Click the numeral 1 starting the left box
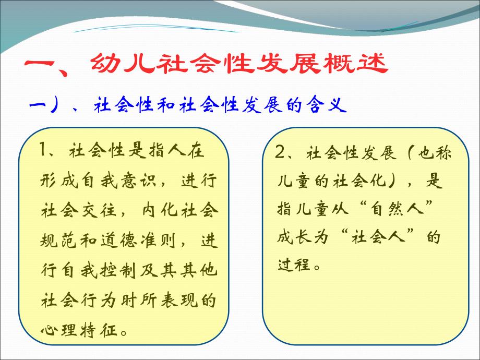click(44, 151)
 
